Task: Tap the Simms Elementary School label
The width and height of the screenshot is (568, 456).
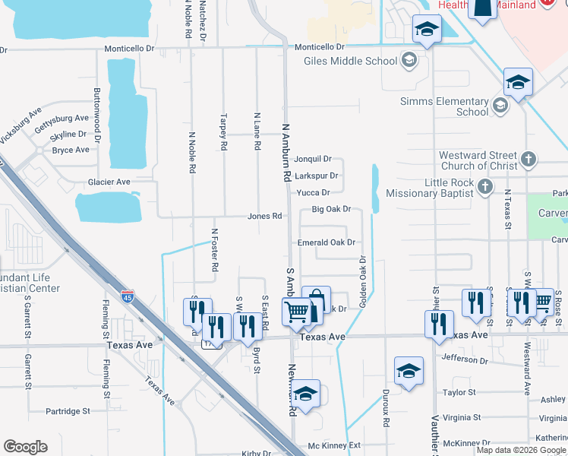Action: click(444, 106)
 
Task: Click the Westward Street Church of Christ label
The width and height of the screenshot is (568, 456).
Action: click(478, 160)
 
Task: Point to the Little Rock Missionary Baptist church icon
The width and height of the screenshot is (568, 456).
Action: click(485, 186)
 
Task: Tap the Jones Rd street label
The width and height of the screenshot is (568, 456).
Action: click(265, 217)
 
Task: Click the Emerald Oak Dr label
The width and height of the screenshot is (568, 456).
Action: click(327, 242)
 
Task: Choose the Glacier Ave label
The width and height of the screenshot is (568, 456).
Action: click(109, 182)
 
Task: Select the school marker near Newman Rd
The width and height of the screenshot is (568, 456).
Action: click(305, 394)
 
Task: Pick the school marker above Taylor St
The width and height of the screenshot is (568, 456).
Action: click(409, 371)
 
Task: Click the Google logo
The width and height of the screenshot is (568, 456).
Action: click(25, 447)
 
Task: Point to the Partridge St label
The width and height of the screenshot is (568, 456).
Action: click(68, 411)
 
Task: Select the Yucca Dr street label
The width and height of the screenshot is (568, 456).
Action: click(314, 193)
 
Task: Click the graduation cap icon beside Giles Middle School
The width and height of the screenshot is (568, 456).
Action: click(409, 60)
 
